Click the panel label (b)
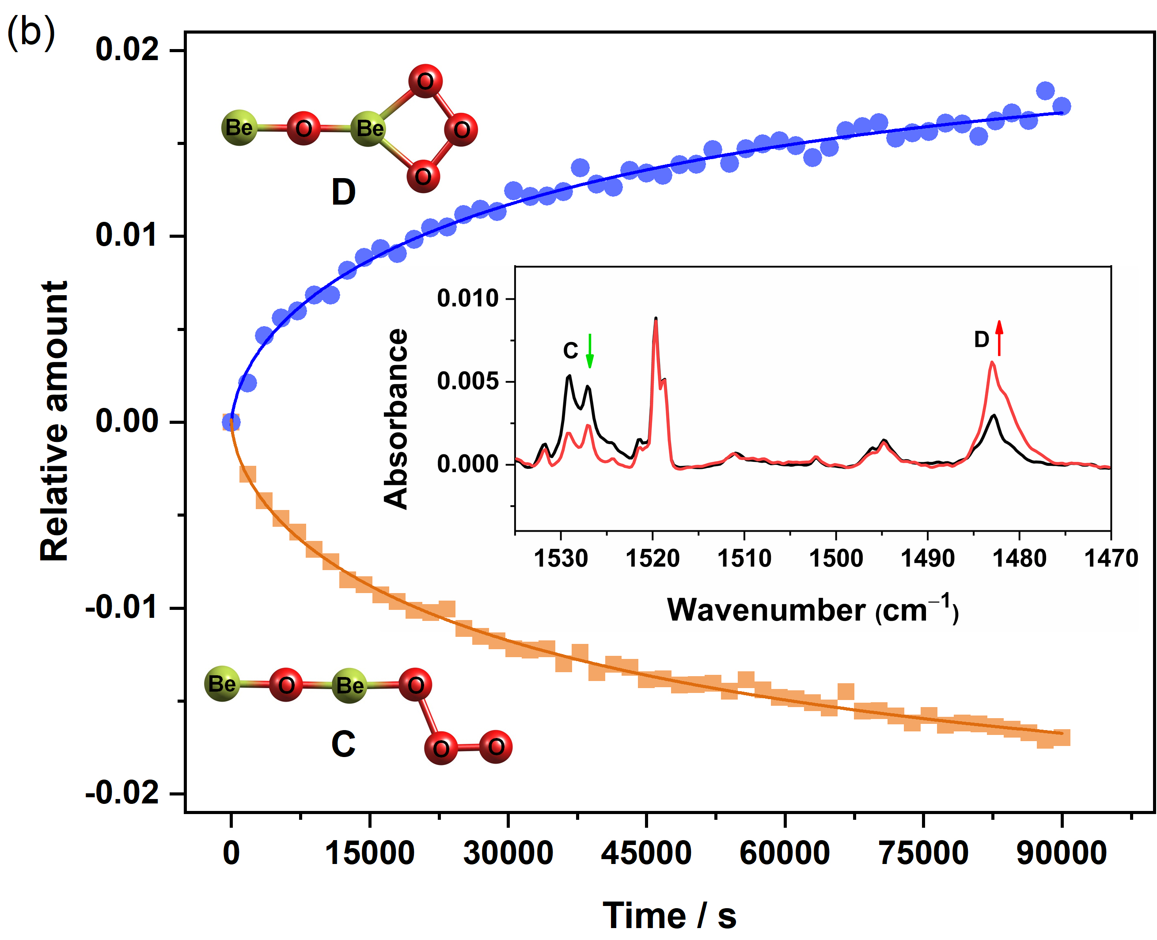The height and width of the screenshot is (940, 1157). (31, 33)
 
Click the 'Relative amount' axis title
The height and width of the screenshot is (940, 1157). (54, 421)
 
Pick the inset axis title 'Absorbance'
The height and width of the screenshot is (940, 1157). (395, 419)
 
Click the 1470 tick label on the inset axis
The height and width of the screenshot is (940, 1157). (1111, 558)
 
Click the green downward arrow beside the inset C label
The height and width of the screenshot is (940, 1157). (590, 351)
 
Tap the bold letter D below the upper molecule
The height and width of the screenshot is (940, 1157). (343, 192)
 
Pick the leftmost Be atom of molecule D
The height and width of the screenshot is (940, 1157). (239, 128)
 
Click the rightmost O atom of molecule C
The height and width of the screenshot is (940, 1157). (496, 747)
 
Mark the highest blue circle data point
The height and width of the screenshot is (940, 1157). (1045, 91)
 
